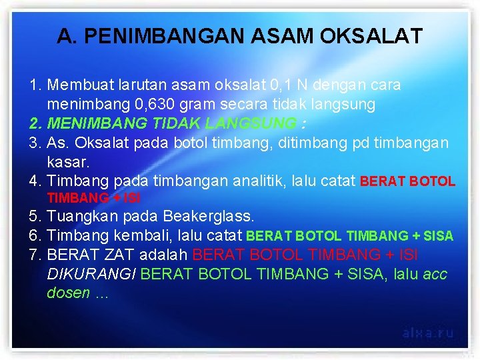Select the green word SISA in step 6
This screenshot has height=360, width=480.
[438, 236]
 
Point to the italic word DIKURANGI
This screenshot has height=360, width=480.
[92, 274]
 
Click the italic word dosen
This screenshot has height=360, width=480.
[68, 293]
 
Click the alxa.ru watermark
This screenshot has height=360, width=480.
[428, 332]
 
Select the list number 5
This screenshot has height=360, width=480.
[35, 217]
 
